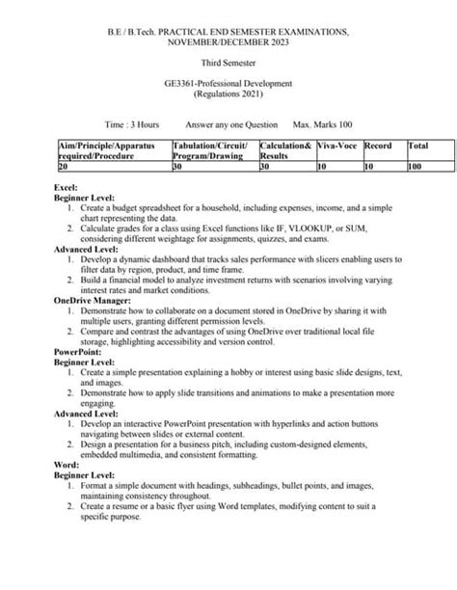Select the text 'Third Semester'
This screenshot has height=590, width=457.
pos(228,61)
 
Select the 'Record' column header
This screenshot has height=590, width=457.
pos(378,145)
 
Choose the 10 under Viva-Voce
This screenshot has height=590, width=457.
pos(322,166)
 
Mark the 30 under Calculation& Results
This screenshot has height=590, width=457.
pos(266,166)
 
